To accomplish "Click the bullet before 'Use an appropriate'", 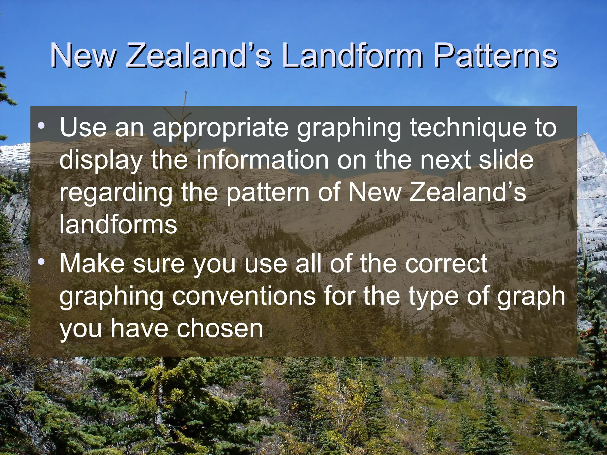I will [x=41, y=126].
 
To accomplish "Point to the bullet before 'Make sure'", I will [x=41, y=262].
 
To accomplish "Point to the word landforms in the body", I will [x=118, y=224].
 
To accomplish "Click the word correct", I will [x=446, y=264].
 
